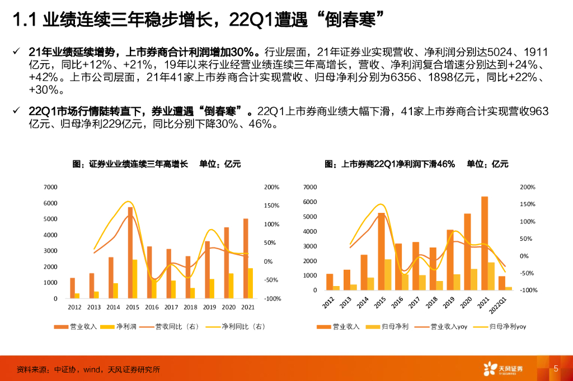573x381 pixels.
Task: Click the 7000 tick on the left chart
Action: tap(51, 187)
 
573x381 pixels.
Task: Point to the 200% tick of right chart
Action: tap(528, 187)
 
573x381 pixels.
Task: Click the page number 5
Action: tap(556, 369)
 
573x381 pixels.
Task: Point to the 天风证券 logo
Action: tap(504, 369)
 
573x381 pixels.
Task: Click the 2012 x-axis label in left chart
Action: tap(74, 307)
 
